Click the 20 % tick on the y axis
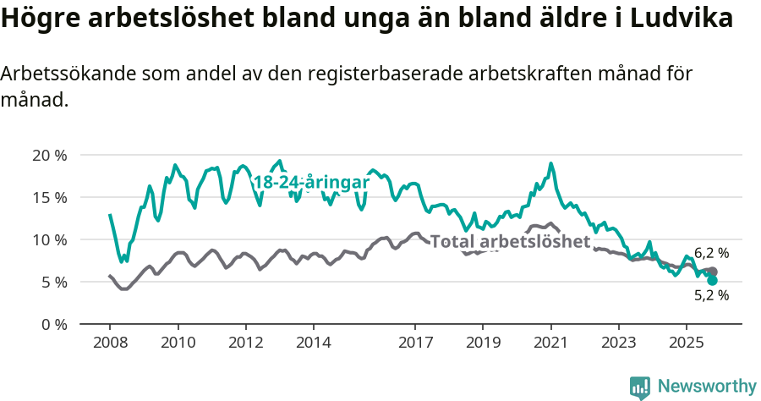[x=49, y=156]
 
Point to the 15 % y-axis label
[x=49, y=198]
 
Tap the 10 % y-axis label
[x=49, y=240]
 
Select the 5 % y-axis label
[x=53, y=283]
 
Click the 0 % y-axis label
[x=53, y=325]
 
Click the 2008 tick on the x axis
[x=110, y=343]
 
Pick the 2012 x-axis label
[x=246, y=343]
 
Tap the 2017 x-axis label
[x=415, y=343]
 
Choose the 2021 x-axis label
[x=550, y=343]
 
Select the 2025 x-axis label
[x=686, y=343]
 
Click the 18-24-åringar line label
[x=312, y=182]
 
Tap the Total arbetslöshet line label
[x=510, y=242]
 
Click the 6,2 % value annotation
[x=711, y=253]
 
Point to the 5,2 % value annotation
[x=711, y=295]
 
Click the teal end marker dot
[x=712, y=280]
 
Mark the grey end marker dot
[x=713, y=272]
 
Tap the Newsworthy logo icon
[x=639, y=387]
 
